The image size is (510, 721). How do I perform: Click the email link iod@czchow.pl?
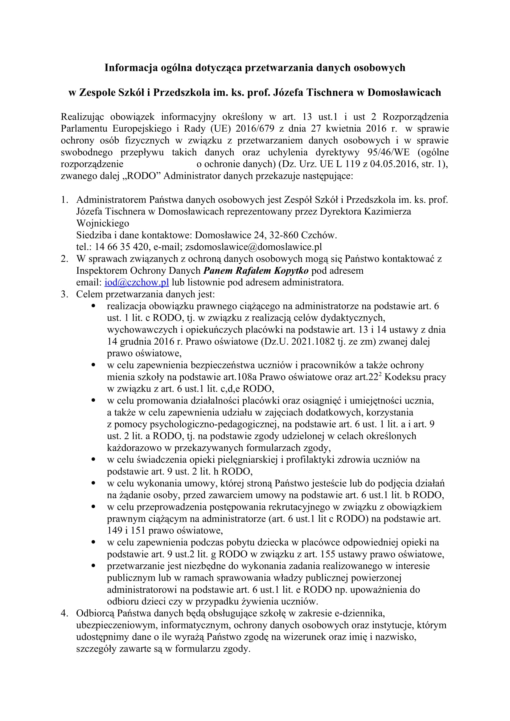point(137,282)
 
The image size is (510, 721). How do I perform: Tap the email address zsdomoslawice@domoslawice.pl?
point(254,247)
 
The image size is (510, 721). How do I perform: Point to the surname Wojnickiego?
point(103,223)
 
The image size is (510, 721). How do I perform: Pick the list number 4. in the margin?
point(64,613)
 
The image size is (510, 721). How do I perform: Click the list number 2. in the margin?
point(64,259)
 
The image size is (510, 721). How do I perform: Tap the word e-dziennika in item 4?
point(360,613)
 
